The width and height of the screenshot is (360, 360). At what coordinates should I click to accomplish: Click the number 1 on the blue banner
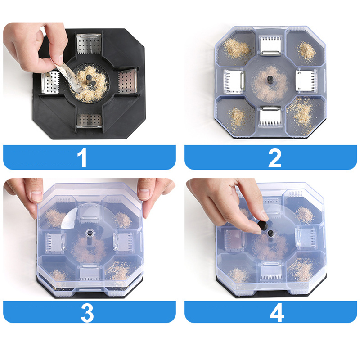82,157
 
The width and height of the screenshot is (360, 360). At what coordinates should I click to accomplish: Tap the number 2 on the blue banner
274,158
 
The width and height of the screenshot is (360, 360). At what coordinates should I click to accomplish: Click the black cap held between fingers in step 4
263,225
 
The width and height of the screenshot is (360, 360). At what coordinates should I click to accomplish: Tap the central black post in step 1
89,80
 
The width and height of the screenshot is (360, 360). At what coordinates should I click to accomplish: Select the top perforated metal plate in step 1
89,44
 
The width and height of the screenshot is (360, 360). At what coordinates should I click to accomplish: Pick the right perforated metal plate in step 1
128,81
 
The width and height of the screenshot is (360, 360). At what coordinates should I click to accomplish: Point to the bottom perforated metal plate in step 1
89,120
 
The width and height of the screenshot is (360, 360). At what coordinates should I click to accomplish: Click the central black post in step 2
270,80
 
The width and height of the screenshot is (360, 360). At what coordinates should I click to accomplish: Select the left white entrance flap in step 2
234,81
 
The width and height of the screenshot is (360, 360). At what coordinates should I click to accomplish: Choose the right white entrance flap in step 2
306,81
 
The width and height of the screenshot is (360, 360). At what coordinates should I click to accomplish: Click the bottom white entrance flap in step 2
271,116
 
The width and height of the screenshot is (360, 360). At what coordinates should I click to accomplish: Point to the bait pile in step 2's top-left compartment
237,49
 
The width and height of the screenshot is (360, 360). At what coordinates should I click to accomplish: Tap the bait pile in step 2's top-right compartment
307,51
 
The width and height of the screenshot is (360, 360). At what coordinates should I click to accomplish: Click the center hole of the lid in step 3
90,233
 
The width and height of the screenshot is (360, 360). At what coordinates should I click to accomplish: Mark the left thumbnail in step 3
37,196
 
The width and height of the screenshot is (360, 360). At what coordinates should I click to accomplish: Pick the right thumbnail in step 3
144,194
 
